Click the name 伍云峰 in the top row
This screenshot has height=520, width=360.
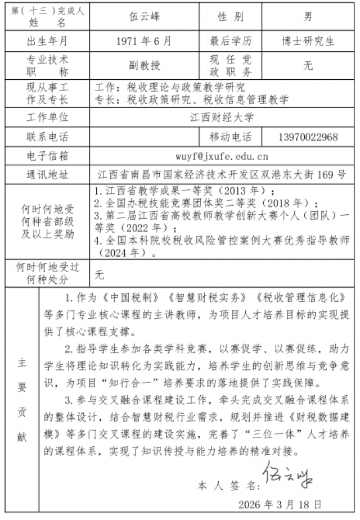(x=145, y=17)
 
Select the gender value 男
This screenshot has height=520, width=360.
(x=308, y=17)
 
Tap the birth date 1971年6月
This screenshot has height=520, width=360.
(x=145, y=41)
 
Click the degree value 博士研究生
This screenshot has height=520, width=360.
(x=308, y=41)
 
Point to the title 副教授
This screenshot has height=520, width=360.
(x=145, y=65)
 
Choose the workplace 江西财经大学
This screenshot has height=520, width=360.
(x=222, y=117)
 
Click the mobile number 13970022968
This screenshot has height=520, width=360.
(x=308, y=137)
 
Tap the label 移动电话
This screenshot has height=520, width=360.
(x=231, y=137)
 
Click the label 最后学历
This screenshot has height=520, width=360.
(x=231, y=41)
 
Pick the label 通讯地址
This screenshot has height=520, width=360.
(x=47, y=174)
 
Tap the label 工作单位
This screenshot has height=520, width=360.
(x=47, y=117)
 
